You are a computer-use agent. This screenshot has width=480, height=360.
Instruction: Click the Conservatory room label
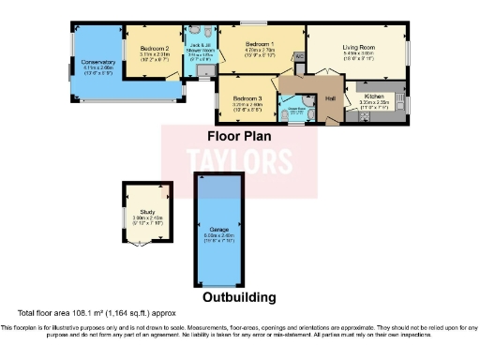pos(97,62)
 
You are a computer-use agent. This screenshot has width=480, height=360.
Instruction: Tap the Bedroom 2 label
pos(154,48)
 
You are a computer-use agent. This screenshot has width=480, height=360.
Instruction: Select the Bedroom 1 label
pos(260,44)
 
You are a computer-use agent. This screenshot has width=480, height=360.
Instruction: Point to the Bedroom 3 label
pos(247,97)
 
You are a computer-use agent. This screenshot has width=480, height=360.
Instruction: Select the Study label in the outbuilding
pos(147,213)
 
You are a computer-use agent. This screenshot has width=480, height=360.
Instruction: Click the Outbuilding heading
pos(239,297)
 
